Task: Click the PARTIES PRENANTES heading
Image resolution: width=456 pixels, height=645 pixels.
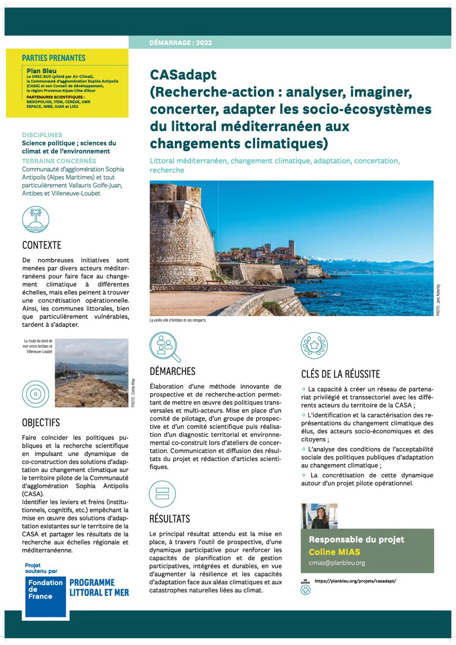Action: (x=54, y=58)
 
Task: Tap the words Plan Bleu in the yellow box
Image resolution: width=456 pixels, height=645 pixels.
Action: (x=41, y=71)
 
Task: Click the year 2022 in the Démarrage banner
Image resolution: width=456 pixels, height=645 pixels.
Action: (x=204, y=43)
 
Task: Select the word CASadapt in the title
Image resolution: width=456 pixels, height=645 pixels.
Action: (x=183, y=75)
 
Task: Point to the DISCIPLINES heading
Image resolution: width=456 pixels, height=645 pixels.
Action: (x=42, y=135)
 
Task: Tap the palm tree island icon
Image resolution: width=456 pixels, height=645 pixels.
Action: (x=36, y=219)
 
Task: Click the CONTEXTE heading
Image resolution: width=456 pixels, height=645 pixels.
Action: (x=42, y=245)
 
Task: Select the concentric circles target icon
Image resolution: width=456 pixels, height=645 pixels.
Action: (x=36, y=394)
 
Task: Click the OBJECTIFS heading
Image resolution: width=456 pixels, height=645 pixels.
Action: (x=41, y=423)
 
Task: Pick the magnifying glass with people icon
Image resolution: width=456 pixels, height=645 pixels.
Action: (x=165, y=346)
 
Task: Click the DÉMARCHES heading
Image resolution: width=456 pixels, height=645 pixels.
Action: (x=172, y=371)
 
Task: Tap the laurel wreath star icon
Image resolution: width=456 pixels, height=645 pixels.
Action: (x=314, y=346)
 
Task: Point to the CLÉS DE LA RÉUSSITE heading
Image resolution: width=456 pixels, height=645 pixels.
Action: (x=340, y=374)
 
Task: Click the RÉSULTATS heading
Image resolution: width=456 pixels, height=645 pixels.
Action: (x=170, y=519)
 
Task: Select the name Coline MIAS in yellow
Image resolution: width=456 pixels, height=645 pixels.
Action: (x=334, y=552)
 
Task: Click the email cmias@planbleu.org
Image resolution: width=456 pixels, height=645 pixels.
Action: (x=337, y=563)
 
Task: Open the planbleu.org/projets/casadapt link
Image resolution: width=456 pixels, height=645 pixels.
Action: (x=355, y=581)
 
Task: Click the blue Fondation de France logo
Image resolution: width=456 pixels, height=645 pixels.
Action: (x=45, y=596)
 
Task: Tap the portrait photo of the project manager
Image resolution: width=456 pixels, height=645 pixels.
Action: (x=319, y=516)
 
